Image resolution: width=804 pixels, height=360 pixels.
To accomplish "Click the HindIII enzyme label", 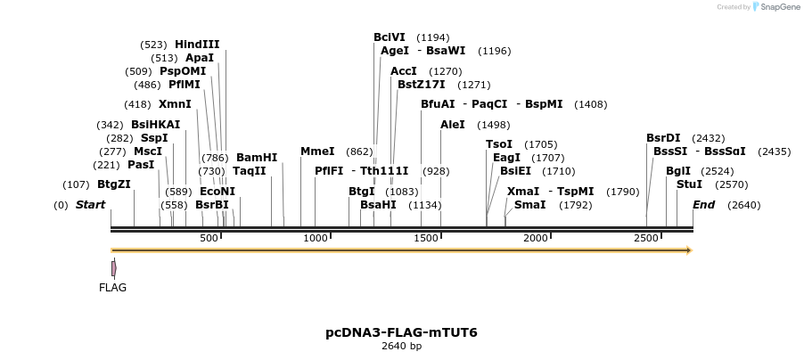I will point(197,44).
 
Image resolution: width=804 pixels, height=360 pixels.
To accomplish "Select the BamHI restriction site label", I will point(257,157).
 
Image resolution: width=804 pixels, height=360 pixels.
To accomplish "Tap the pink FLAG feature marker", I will point(114,267).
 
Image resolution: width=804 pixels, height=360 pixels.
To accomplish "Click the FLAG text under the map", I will point(113,288).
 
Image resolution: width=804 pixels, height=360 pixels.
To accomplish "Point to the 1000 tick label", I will point(316,238).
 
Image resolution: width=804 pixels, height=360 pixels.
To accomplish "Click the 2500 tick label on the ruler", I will point(646,238).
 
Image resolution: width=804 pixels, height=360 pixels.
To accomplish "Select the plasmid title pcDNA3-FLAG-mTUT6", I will point(401,332).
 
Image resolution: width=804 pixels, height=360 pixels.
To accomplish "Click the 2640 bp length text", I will point(401,347).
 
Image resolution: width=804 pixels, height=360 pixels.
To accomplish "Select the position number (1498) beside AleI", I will point(493,125).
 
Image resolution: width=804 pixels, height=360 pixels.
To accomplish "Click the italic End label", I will point(704,204).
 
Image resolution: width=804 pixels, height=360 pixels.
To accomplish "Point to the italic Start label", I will point(90,204).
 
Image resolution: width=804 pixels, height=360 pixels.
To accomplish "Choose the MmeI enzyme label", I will point(317,151).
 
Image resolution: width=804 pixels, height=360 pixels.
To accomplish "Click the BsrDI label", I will point(663,137).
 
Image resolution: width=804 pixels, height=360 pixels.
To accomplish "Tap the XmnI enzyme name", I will point(175,103).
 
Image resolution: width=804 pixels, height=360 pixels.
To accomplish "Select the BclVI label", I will point(390,37).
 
